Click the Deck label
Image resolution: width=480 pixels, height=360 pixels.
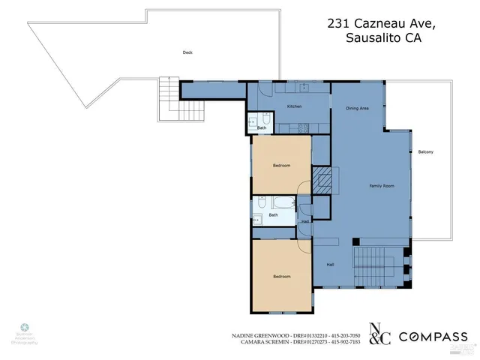coord(187,52)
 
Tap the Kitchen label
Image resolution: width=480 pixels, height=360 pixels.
coord(295,106)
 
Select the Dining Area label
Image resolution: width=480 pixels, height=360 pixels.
coord(357,109)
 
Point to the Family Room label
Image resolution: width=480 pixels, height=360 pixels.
coord(381,185)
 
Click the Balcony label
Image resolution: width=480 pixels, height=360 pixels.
coord(426,152)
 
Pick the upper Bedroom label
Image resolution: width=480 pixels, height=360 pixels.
coord(281,165)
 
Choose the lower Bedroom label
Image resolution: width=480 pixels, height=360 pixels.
coord(281,277)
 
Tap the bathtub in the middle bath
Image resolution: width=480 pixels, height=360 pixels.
coord(283,202)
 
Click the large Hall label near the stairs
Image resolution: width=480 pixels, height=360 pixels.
coord(330,265)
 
